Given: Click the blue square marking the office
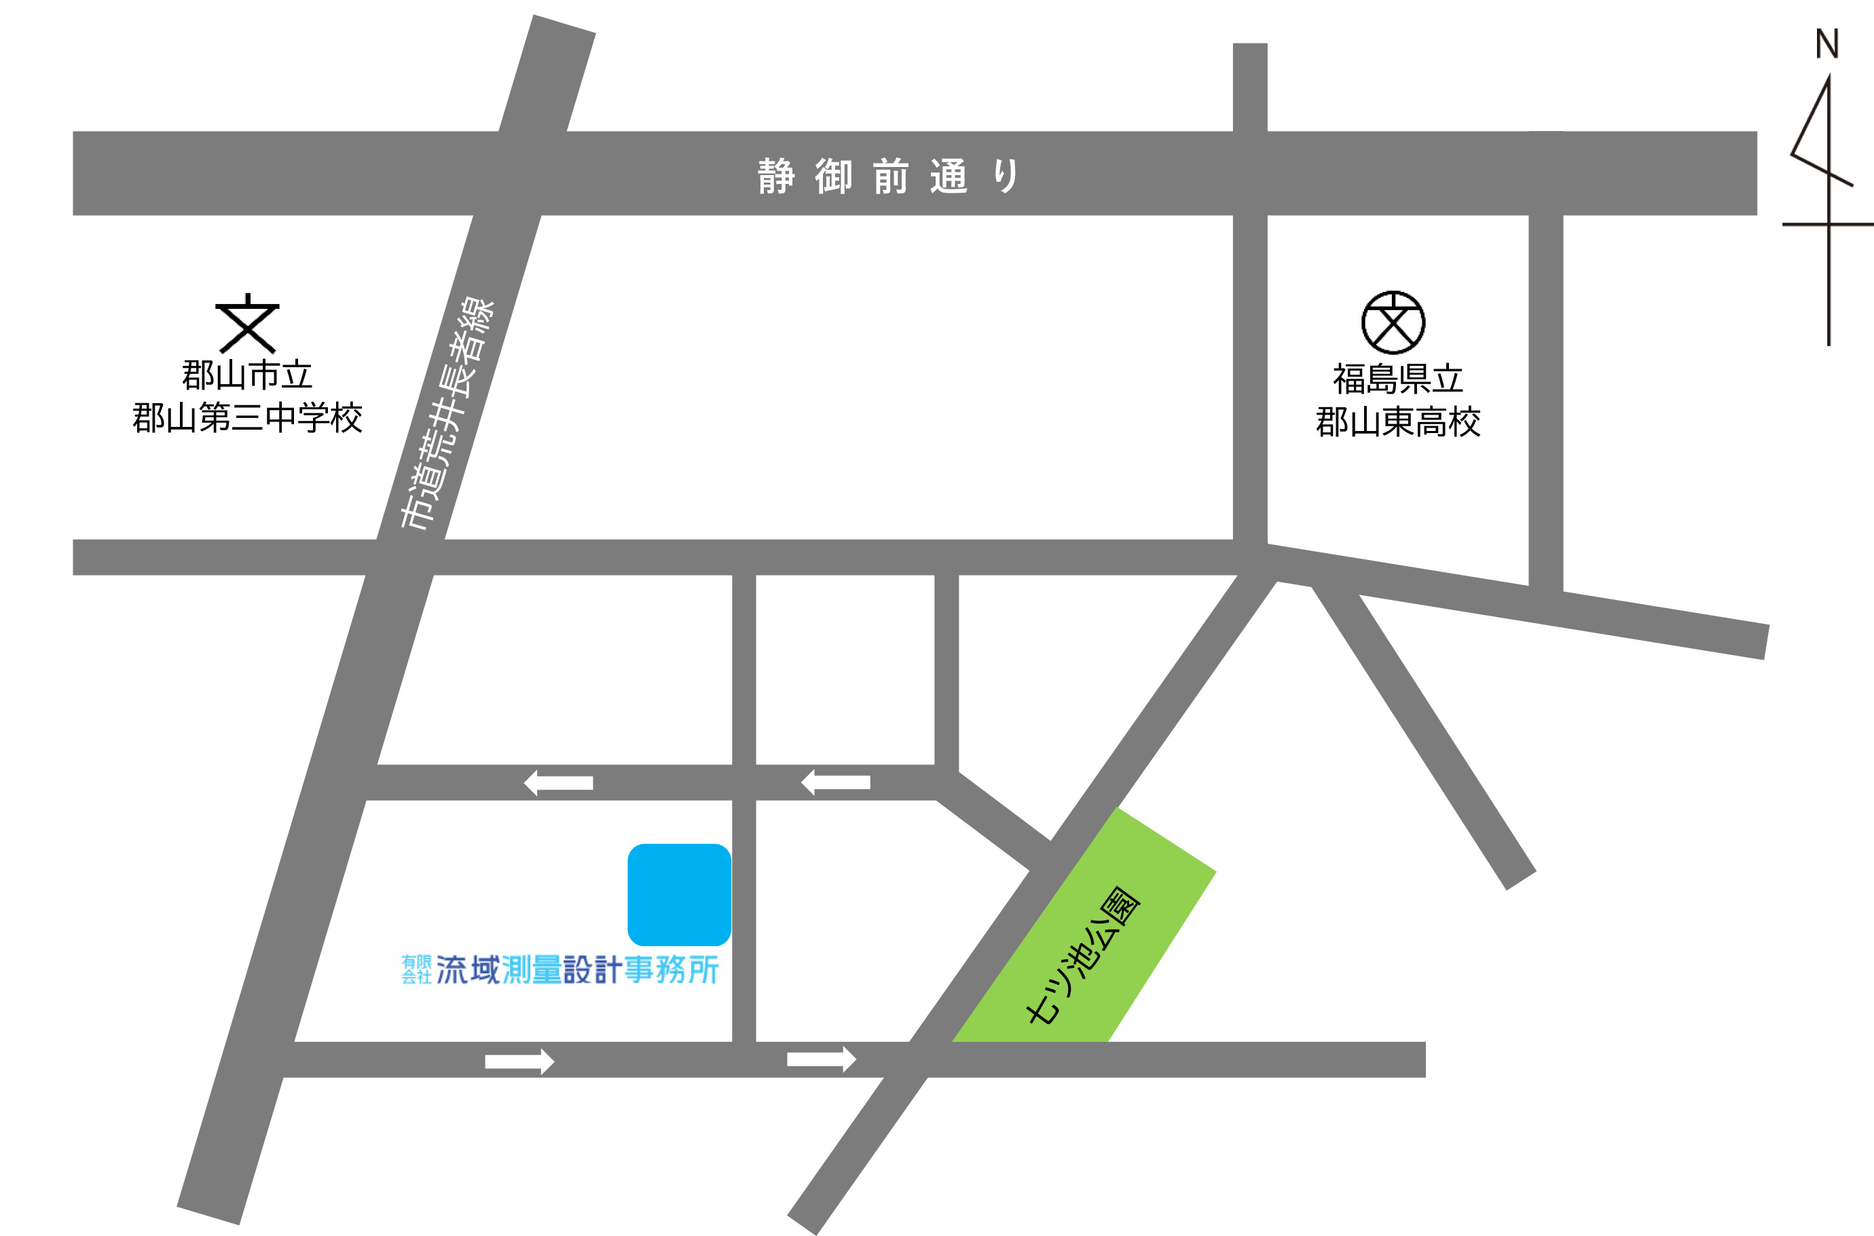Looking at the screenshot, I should coord(679,894).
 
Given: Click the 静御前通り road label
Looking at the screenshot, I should coord(889,176).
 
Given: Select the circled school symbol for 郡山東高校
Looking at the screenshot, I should coord(1393,322).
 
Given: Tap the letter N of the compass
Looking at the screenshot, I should coord(1826,44).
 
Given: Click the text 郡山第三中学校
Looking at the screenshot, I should coord(248,418).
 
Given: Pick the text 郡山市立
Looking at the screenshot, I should coord(248,375).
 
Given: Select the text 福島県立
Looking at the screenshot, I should coord(1398,379).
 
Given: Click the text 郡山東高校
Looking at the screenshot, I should coord(1398,422).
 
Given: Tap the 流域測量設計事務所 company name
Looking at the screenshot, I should coord(577,969).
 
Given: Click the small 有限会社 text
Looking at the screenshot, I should coord(416,969).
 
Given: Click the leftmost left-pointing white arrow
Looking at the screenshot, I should coord(558,783).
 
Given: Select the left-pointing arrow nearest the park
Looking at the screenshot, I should coord(835,782).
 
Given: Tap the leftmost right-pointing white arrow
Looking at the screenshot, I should coord(519,1061).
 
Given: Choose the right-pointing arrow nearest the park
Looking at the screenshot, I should coord(822,1060).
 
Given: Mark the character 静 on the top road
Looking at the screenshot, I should coord(776,176).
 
